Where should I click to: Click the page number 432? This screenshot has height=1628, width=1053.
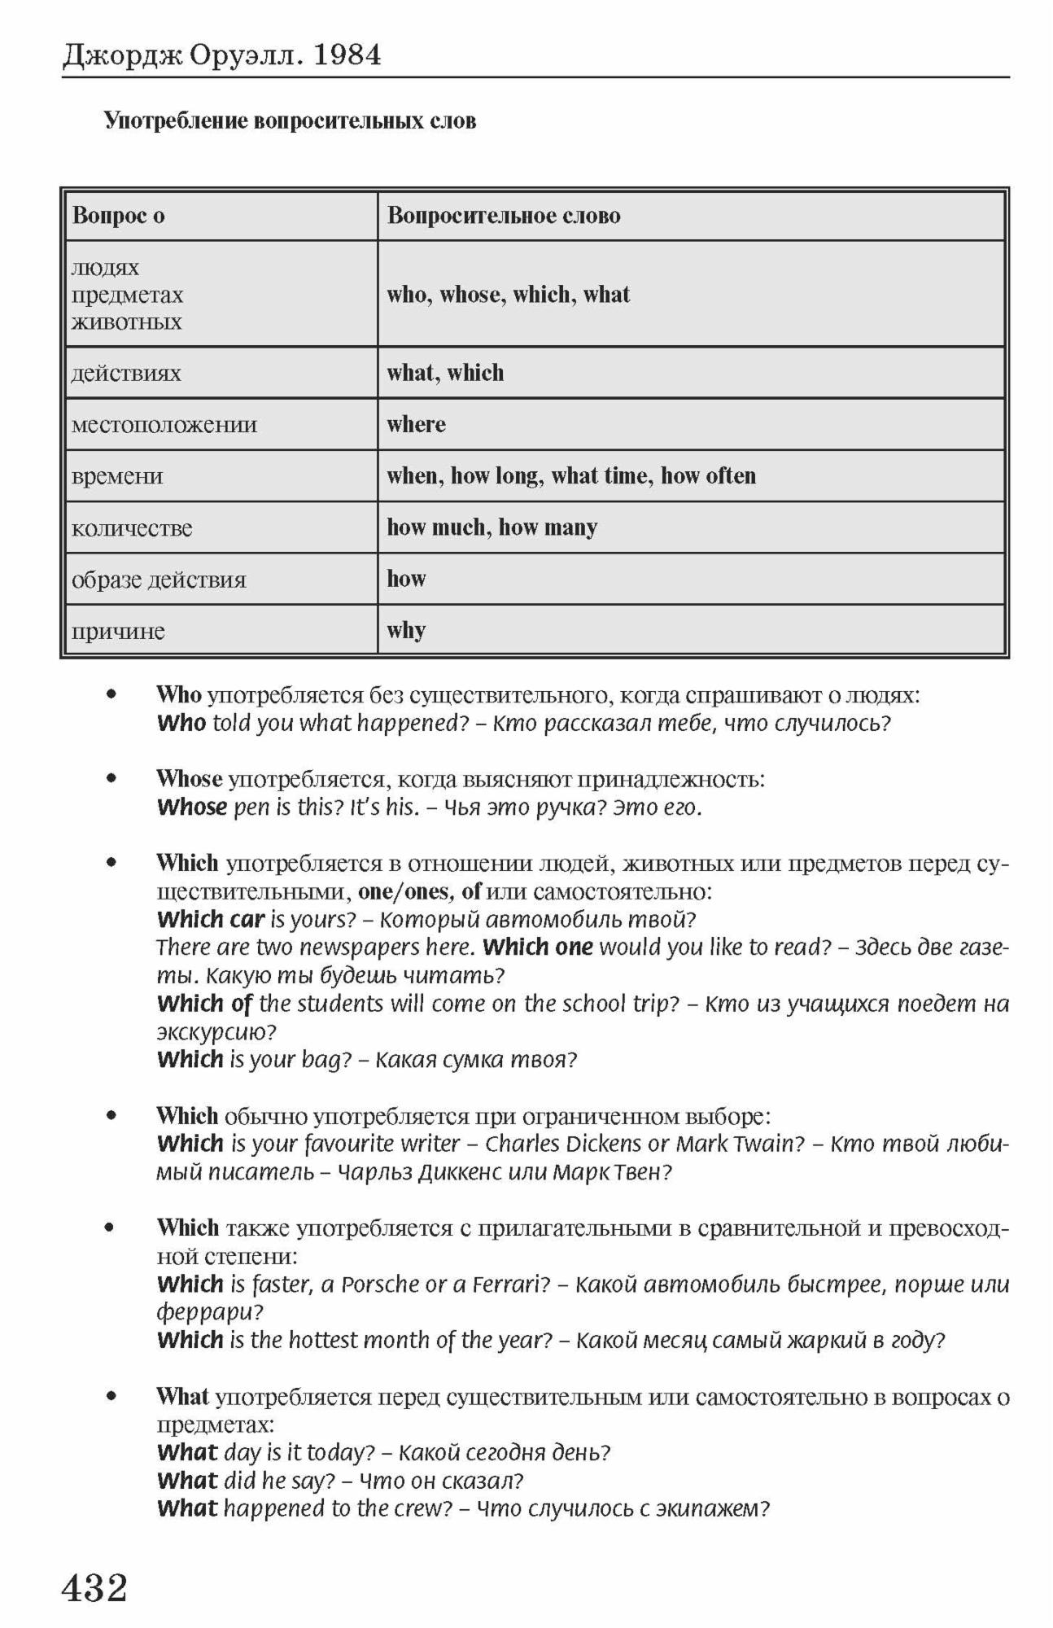94,1586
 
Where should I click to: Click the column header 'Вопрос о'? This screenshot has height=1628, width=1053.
119,216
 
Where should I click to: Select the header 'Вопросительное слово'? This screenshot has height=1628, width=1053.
504,216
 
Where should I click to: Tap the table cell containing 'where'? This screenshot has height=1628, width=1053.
417,424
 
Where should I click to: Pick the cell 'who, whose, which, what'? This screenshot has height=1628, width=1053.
509,294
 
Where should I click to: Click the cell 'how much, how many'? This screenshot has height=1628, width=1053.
492,527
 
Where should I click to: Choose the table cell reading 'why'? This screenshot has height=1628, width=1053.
407,630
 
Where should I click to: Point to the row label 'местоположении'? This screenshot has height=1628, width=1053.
164,424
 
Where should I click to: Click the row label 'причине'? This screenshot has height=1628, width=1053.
118,631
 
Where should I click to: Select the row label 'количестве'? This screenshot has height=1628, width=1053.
132,528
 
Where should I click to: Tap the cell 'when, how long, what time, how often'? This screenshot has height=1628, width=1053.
571,475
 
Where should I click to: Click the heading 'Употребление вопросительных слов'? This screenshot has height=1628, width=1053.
290,121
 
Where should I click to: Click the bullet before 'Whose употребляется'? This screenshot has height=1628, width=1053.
111,778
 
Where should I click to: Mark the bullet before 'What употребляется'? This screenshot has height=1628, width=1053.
111,1397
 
